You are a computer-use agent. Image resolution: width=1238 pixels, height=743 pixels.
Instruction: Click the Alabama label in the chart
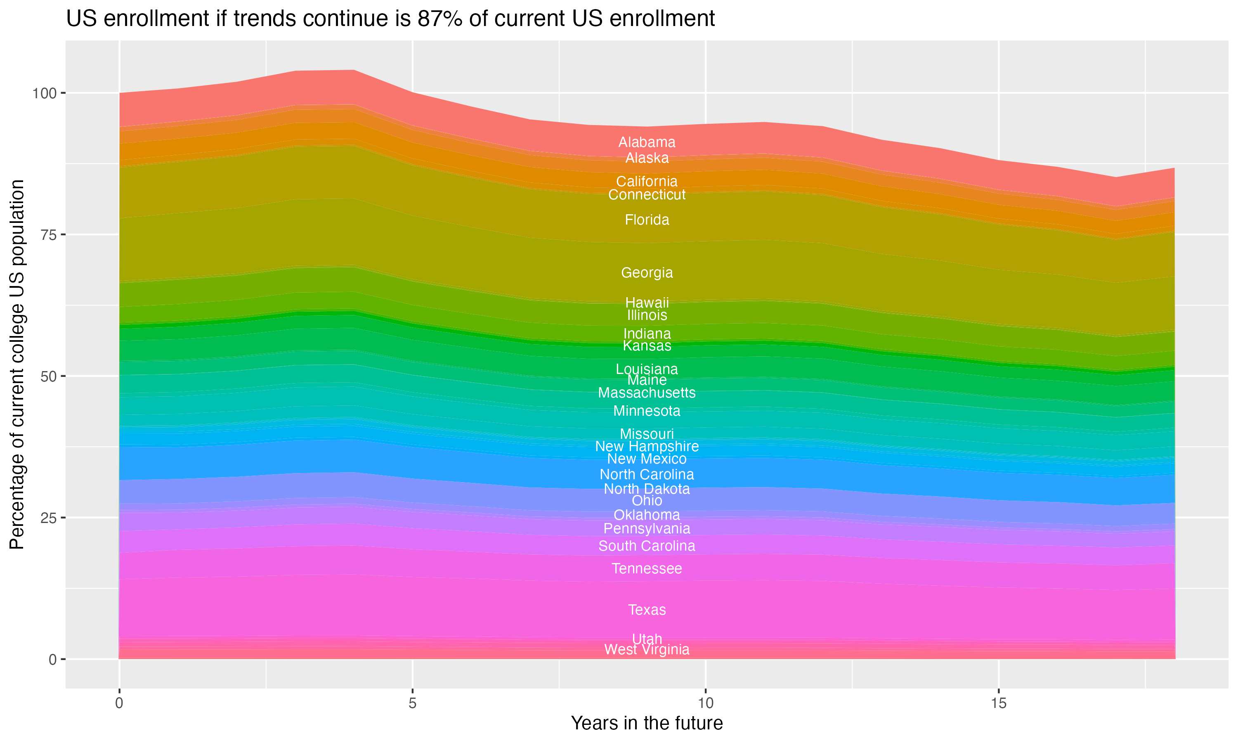tap(647, 142)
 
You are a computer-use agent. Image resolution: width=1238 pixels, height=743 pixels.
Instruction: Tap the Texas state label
tap(647, 610)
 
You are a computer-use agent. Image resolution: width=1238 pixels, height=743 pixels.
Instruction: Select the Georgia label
tap(647, 273)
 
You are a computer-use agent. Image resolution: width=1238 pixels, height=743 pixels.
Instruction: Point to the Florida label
tap(647, 220)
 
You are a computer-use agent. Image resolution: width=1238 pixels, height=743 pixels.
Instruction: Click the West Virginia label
tap(647, 649)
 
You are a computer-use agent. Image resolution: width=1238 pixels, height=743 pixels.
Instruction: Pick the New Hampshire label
tap(647, 446)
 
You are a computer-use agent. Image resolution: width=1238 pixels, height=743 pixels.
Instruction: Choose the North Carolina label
tap(647, 474)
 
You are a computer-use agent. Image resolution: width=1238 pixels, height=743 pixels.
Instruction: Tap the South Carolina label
tap(647, 546)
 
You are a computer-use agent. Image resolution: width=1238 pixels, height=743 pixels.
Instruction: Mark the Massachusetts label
tap(647, 393)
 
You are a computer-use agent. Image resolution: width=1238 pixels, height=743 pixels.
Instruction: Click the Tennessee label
tap(647, 569)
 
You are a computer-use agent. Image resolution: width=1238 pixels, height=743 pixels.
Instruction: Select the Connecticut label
tap(647, 195)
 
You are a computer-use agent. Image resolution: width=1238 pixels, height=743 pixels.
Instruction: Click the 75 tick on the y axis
tap(49, 235)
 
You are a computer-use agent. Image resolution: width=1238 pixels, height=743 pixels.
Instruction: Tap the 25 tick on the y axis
tap(49, 518)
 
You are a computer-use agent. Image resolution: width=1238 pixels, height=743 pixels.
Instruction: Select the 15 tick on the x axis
tap(998, 703)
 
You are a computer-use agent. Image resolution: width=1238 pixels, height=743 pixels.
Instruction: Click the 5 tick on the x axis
tap(412, 703)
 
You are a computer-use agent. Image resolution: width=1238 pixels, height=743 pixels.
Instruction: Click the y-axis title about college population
tap(17, 364)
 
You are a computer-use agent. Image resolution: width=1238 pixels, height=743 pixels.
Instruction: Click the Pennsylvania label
tap(647, 529)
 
